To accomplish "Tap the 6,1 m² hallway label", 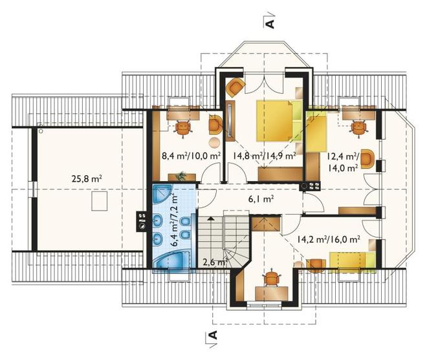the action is [261, 199].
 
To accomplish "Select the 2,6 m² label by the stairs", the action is [215, 262].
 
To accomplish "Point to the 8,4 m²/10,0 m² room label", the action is [191, 156].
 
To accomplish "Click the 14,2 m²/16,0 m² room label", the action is [329, 239].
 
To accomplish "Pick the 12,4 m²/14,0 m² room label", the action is [343, 162].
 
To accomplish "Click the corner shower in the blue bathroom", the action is [162, 194].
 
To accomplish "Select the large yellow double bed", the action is [279, 121].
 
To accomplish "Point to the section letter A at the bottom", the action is [213, 335].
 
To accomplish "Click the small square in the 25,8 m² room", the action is [99, 201].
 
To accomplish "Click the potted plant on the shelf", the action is [181, 176].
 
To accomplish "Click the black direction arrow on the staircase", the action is [210, 218].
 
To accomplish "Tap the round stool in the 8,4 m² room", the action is [215, 142].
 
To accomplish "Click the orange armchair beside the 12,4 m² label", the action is [367, 159].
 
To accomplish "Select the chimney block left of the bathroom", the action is [142, 222].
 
